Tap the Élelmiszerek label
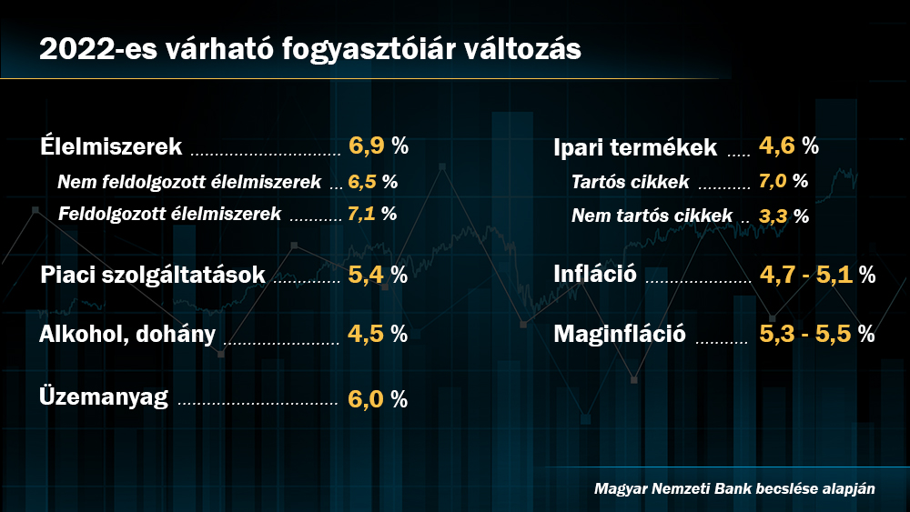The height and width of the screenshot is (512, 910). click(x=112, y=146)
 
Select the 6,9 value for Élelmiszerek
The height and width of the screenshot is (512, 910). click(x=368, y=146)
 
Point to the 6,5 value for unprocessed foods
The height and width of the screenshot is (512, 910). click(x=363, y=181)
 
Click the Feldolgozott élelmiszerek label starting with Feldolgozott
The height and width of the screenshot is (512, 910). click(x=169, y=215)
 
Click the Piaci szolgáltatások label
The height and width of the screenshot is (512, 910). click(x=153, y=275)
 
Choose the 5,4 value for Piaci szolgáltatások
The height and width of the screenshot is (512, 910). click(x=368, y=275)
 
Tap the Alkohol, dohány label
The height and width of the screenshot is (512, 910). click(x=127, y=334)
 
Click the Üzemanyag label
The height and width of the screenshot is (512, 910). click(x=104, y=397)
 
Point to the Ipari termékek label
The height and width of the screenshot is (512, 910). click(x=635, y=146)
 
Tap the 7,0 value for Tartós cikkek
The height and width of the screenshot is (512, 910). click(x=773, y=180)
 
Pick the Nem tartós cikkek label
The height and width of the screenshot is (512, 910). click(x=652, y=216)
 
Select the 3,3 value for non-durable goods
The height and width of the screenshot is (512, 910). click(x=773, y=216)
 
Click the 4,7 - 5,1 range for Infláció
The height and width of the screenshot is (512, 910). click(x=806, y=275)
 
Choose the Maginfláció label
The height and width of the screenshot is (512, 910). click(x=620, y=334)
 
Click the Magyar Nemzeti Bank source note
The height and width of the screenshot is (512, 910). click(x=734, y=488)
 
